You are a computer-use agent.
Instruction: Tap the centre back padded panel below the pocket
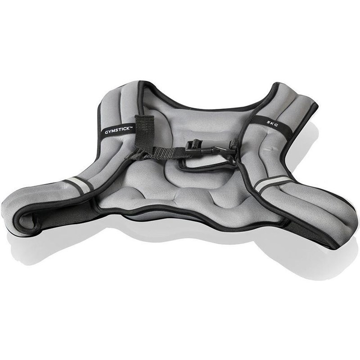tap(189, 193)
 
